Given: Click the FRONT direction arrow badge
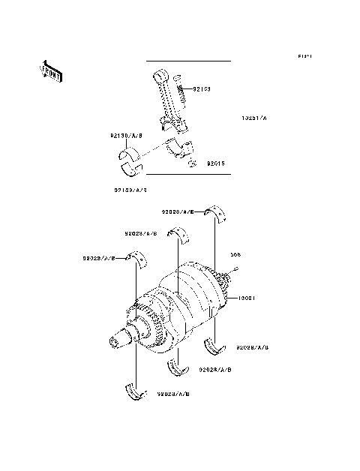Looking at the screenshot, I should [x=52, y=71].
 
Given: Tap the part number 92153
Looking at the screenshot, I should [x=201, y=88].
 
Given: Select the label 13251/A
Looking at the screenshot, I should [x=253, y=118].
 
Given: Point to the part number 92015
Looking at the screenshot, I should [x=216, y=163].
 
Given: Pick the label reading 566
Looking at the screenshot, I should [x=235, y=254].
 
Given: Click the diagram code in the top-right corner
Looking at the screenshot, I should [x=304, y=57].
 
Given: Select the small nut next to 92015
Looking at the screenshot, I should [x=193, y=163].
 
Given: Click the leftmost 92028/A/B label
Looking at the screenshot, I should [x=99, y=258].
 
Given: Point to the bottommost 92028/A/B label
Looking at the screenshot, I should [x=173, y=393].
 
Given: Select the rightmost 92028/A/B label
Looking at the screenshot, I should [x=253, y=348].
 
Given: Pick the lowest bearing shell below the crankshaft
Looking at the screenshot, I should [x=136, y=391].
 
